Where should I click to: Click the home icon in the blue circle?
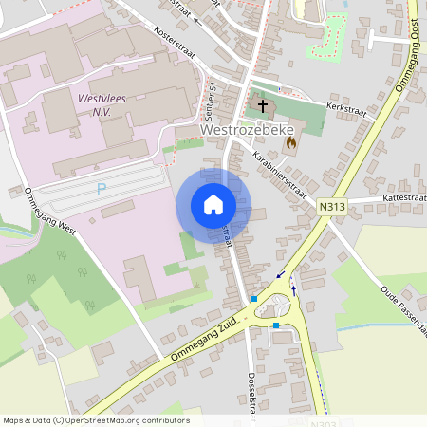tap(213, 205)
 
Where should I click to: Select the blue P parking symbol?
tap(102, 188)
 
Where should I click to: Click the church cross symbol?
tap(263, 106)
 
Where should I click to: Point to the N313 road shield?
tap(332, 206)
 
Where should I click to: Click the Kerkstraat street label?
tap(346, 109)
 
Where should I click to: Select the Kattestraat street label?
tap(404, 196)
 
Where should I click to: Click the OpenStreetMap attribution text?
tap(95, 420)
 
